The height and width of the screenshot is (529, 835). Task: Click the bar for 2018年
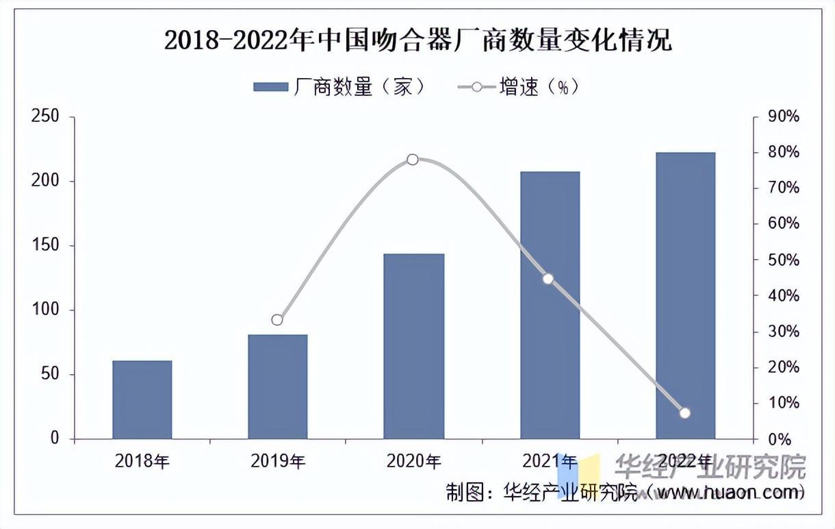(x=142, y=399)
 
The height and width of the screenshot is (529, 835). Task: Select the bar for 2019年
(x=277, y=387)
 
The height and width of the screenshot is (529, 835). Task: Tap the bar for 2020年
(x=413, y=346)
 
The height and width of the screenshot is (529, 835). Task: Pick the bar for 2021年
(x=550, y=305)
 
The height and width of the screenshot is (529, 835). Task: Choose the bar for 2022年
(x=685, y=295)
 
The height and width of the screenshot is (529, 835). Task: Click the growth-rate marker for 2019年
(x=277, y=320)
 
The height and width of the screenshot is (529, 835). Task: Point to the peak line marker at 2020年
(x=413, y=160)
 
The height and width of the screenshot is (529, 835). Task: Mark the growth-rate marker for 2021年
(x=548, y=279)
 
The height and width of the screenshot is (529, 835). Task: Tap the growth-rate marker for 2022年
(x=685, y=413)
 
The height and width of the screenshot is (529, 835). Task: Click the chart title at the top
(x=417, y=41)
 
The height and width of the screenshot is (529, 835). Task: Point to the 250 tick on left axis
(x=46, y=117)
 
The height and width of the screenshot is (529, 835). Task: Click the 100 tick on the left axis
(x=46, y=310)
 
